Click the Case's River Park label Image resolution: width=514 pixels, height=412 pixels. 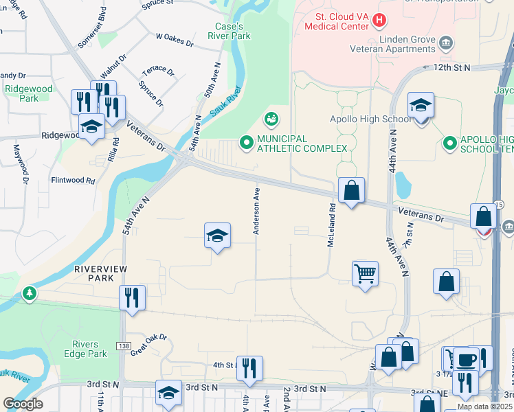(x=230, y=31)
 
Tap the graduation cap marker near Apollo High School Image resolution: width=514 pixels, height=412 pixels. (x=421, y=106)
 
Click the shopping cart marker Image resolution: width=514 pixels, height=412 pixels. (x=365, y=274)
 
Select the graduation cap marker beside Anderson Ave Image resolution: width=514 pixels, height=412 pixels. (x=217, y=236)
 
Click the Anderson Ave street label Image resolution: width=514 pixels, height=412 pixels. (x=256, y=212)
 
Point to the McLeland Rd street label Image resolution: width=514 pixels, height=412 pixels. (x=331, y=224)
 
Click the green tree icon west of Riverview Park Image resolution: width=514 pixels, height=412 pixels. (x=29, y=294)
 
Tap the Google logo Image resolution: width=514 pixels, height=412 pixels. (x=23, y=404)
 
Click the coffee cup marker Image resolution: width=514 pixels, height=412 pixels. (x=467, y=360)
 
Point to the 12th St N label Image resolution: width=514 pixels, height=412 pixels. (x=452, y=67)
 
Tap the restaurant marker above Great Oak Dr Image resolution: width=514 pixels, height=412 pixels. (x=131, y=298)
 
